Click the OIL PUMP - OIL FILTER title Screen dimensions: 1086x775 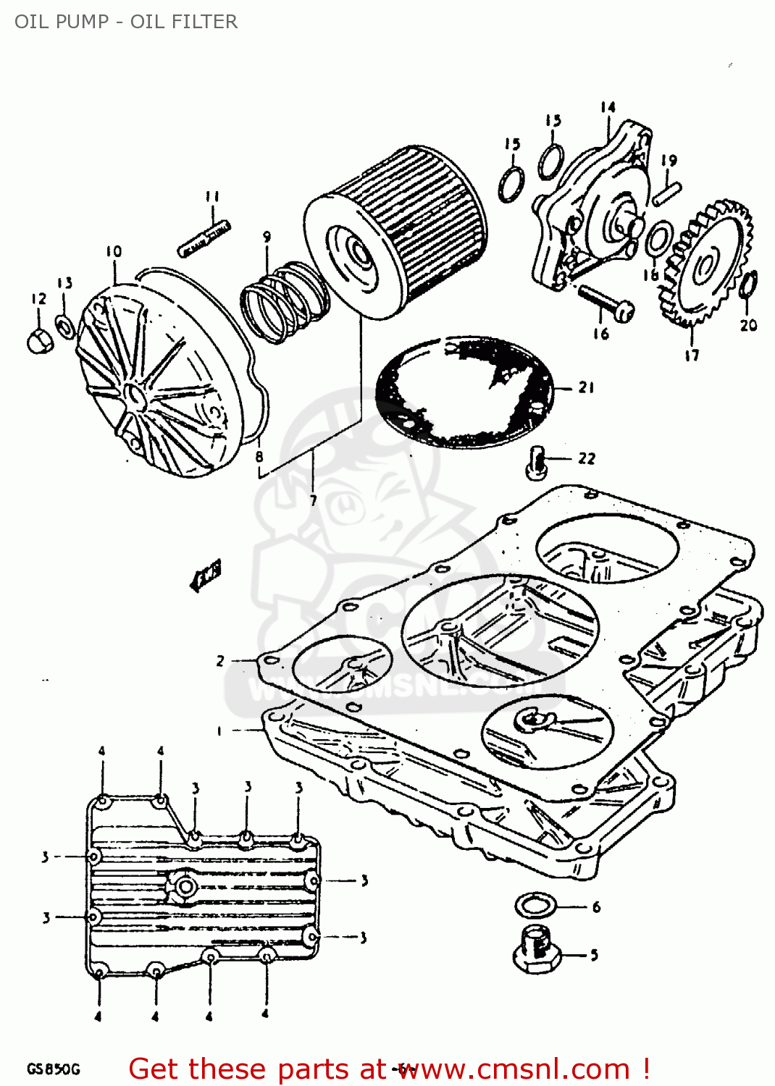click(x=126, y=22)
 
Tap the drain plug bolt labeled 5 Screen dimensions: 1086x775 click(x=535, y=950)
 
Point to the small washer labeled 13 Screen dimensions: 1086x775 click(x=65, y=327)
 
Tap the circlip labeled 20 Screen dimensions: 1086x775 click(x=749, y=285)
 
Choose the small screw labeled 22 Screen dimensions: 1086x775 click(x=535, y=462)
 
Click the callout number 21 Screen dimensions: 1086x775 click(x=586, y=387)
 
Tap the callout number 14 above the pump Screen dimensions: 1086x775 click(x=608, y=108)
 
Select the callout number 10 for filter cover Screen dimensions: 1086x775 click(x=114, y=252)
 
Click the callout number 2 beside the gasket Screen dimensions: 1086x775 click(x=220, y=660)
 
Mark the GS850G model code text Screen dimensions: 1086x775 click(x=53, y=1069)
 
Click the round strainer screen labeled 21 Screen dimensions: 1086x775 click(x=464, y=391)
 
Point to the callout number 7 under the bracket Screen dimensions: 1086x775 click(x=313, y=500)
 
